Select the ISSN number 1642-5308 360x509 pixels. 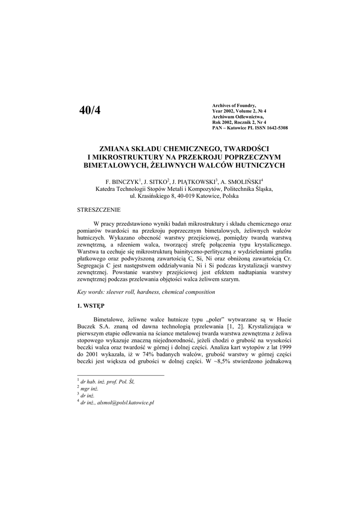click(274, 128)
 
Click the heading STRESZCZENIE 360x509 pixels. click(98, 210)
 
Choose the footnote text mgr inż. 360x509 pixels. click(90, 388)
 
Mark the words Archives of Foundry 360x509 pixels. click(234, 105)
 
